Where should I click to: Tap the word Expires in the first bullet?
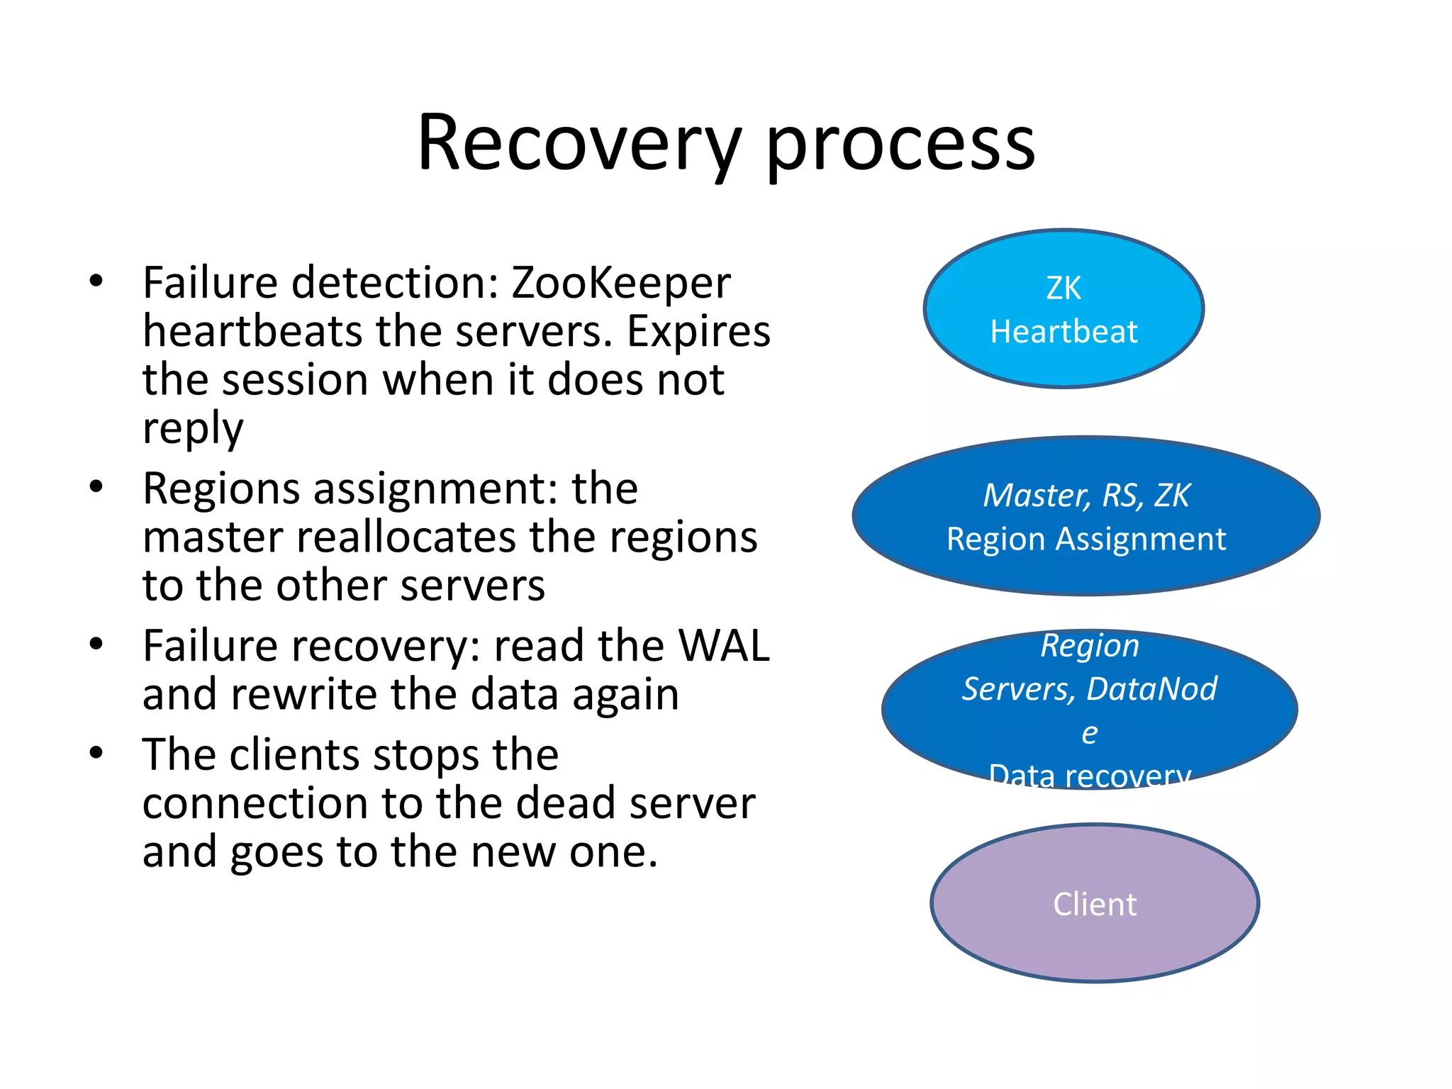[x=698, y=332]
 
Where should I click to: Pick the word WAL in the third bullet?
[x=723, y=646]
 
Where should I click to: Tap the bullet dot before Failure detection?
[x=96, y=281]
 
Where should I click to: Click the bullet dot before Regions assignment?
[x=96, y=487]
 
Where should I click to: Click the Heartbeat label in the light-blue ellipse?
[x=1063, y=332]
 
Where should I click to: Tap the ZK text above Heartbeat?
[x=1063, y=289]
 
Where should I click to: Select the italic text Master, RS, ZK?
[x=1086, y=496]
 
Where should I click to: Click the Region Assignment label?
[x=1086, y=540]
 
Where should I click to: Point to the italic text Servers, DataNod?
[x=1089, y=689]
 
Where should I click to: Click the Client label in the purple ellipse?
[x=1095, y=905]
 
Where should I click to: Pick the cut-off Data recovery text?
[x=1089, y=776]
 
